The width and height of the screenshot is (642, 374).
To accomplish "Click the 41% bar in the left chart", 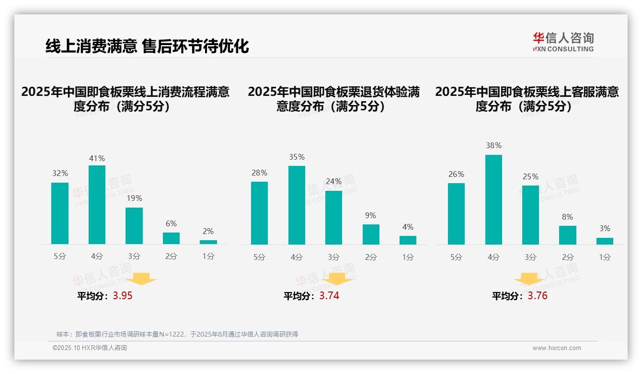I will tap(97, 205).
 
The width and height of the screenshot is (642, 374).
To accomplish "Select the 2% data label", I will tap(208, 231).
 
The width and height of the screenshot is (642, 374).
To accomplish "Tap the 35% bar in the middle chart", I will tap(297, 205).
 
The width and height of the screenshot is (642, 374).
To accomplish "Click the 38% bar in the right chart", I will tap(493, 199).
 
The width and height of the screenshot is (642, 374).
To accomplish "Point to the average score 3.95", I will tap(123, 296).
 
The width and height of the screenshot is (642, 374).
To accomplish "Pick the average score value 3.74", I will tap(329, 296).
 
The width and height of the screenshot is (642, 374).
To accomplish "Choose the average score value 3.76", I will tap(538, 296).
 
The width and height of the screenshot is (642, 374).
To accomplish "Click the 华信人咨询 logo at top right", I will tap(563, 42).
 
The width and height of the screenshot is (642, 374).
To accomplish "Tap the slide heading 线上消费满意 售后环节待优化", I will tap(147, 46).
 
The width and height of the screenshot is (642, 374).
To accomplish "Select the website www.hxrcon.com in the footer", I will tap(557, 348).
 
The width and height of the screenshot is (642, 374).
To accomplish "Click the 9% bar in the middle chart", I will tap(371, 234).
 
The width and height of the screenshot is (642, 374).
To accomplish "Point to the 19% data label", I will tap(134, 198).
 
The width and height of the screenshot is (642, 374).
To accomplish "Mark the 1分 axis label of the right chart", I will tap(605, 257).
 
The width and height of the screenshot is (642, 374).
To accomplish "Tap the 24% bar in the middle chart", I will tap(333, 218).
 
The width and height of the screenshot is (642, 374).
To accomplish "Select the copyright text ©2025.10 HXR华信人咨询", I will tap(90, 348).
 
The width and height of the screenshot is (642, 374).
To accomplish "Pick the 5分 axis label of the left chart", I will tap(60, 257).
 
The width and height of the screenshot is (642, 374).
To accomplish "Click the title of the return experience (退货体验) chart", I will tap(333, 99).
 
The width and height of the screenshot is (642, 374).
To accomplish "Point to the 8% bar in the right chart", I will tap(567, 235).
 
